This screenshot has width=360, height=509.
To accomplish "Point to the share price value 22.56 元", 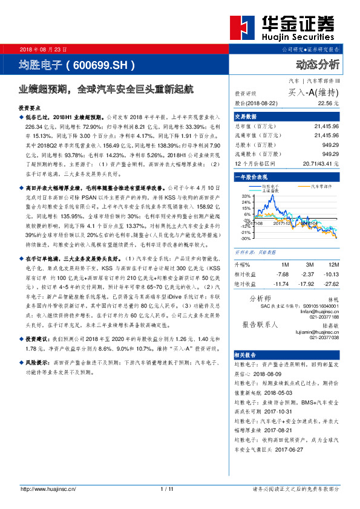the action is (327, 104).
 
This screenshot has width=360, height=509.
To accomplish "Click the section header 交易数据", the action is (246, 116).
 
